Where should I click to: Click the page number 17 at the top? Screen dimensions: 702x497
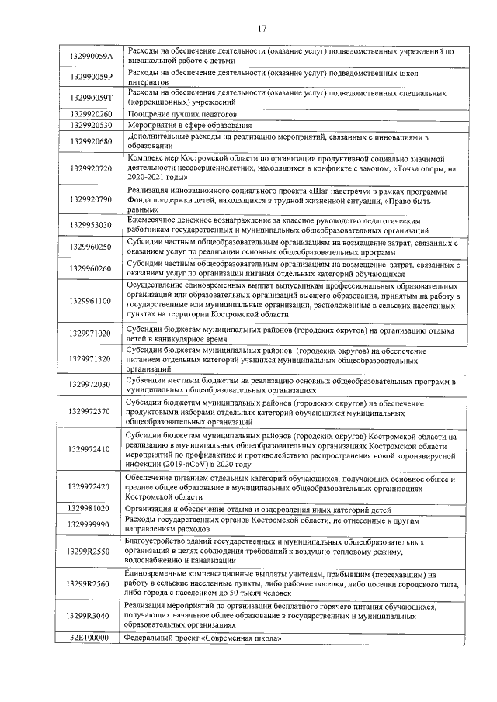coord(262,29)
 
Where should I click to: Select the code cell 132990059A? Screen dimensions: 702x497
coord(92,57)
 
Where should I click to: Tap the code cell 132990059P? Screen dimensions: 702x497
coord(92,77)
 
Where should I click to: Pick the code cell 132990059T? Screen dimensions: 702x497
coord(92,97)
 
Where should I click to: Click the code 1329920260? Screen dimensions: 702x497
coord(91,114)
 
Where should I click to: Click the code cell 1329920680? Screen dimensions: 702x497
coord(91,141)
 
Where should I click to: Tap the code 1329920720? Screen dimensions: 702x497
coord(91,168)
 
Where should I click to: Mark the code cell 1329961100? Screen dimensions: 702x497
coord(91,301)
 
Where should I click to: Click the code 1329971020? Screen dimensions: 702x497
coord(91,334)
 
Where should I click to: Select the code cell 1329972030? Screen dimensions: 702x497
coord(91,385)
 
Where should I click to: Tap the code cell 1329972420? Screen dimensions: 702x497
coord(91,487)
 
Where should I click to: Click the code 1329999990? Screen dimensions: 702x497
coord(91,524)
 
